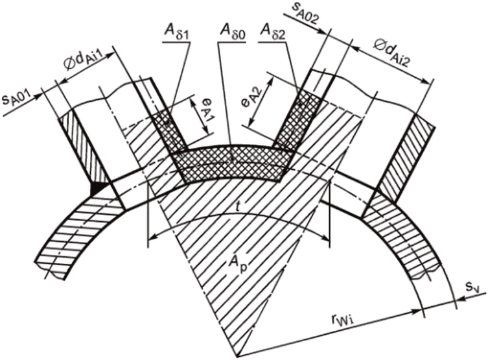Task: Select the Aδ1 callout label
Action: pyautogui.click(x=170, y=30)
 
